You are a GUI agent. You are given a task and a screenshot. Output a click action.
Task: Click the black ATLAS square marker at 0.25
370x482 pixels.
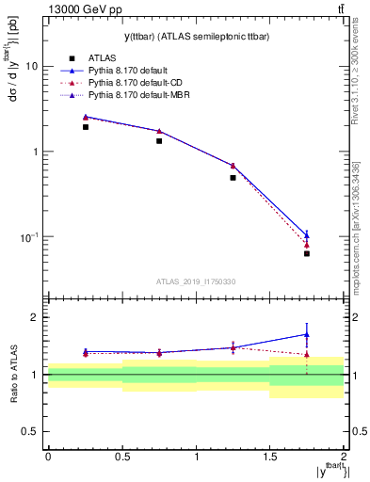pyautogui.click(x=85, y=127)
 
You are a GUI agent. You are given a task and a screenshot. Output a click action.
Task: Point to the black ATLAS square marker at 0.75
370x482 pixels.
pyautogui.click(x=159, y=141)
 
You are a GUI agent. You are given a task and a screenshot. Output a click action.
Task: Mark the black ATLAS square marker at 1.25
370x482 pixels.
pyautogui.click(x=233, y=177)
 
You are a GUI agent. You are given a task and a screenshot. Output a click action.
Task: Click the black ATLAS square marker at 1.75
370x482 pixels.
pyautogui.click(x=307, y=253)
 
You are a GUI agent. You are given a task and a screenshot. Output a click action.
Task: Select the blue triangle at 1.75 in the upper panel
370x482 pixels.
pyautogui.click(x=307, y=235)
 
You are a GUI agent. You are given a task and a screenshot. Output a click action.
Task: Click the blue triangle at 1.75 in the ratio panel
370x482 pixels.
pyautogui.click(x=307, y=334)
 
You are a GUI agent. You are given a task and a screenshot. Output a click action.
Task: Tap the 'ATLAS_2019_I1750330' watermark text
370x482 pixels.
pyautogui.click(x=196, y=281)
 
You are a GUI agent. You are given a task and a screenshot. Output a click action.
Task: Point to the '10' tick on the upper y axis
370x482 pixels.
pyautogui.click(x=31, y=67)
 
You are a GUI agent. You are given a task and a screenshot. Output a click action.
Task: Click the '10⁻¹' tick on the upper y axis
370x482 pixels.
pyautogui.click(x=27, y=236)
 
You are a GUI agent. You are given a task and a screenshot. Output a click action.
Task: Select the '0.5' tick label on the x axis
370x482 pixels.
pyautogui.click(x=121, y=456)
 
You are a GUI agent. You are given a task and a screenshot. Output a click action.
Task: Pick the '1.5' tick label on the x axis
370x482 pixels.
pyautogui.click(x=269, y=456)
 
